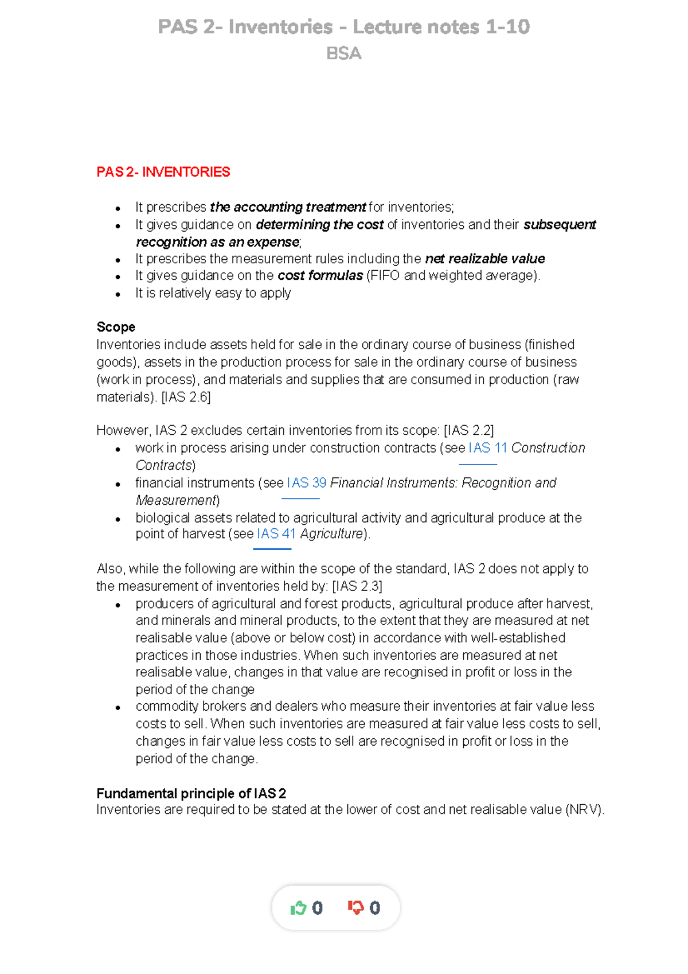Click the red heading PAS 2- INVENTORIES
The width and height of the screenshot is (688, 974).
coord(163,172)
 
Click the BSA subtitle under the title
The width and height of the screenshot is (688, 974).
coord(343,54)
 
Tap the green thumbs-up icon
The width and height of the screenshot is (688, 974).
coord(298,907)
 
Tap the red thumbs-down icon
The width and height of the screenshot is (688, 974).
coord(355,907)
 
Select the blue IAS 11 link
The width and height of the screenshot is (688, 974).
coord(487,448)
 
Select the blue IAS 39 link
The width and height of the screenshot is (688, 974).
coord(306,483)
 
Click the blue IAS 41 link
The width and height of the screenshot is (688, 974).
coord(276,534)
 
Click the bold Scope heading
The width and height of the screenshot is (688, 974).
coord(116,327)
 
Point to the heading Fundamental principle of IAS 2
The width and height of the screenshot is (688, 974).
coord(191,793)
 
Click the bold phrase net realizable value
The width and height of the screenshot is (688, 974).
coord(484,259)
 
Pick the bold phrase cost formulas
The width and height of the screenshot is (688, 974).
coord(320,276)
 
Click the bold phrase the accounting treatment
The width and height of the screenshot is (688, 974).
coord(288,207)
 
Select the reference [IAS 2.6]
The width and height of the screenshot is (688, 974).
coord(186,397)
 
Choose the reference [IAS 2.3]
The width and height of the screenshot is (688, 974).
coord(357,586)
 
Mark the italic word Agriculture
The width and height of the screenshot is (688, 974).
coord(331,534)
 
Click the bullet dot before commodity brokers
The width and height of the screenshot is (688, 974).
coord(118,707)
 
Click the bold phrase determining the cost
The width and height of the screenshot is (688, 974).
coord(319,225)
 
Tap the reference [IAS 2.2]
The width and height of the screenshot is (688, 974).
coord(468,431)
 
